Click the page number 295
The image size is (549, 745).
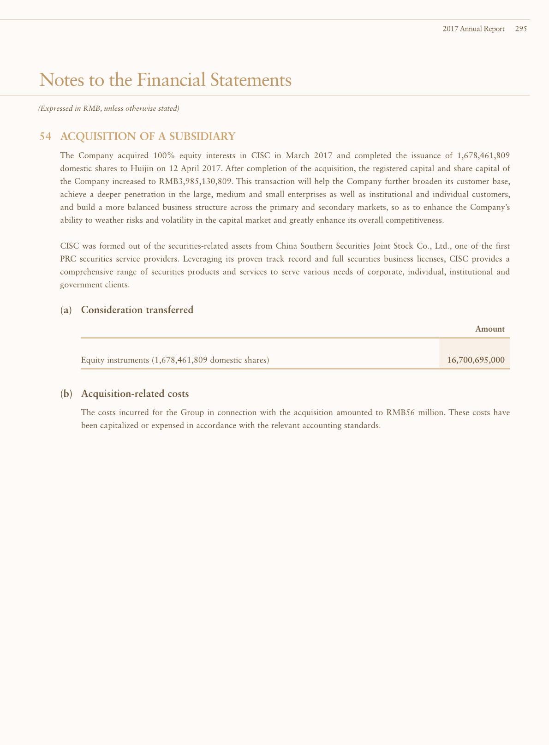coord(521,29)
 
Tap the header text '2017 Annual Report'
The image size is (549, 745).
coord(473,29)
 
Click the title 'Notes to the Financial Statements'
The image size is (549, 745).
coord(166,80)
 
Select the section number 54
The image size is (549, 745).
coord(45,137)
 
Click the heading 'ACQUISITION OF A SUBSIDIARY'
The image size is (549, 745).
coord(148,137)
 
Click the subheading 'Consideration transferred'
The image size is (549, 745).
coord(137,310)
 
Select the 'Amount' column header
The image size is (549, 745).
coord(489,329)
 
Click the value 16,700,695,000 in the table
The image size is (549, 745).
coord(476,360)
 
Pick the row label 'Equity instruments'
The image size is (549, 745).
coord(115,360)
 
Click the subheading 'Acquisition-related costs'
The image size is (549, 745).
coord(135,394)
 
